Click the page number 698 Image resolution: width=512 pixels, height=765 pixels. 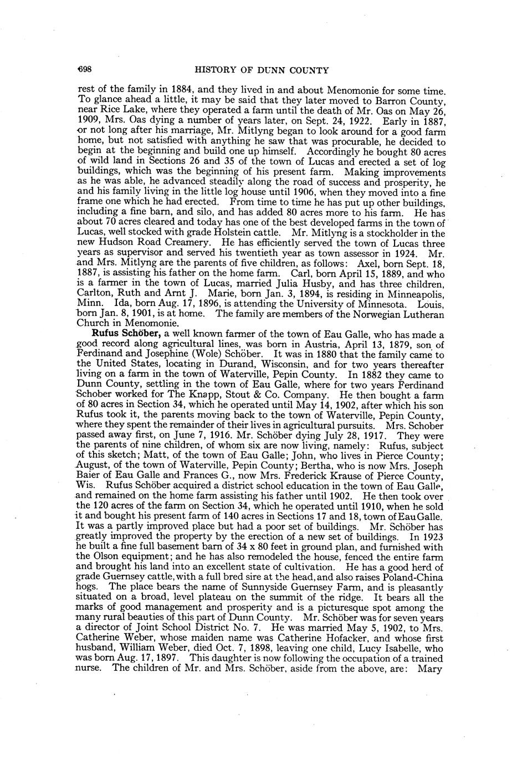[84, 70]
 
